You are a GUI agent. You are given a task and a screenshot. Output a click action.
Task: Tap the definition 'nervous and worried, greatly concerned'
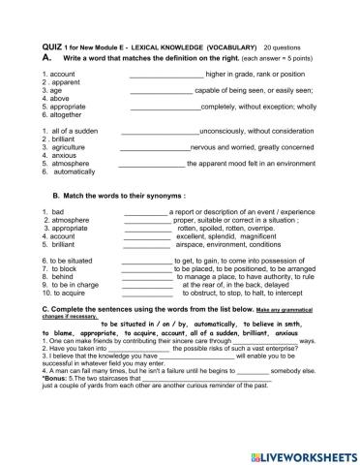click(253, 147)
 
